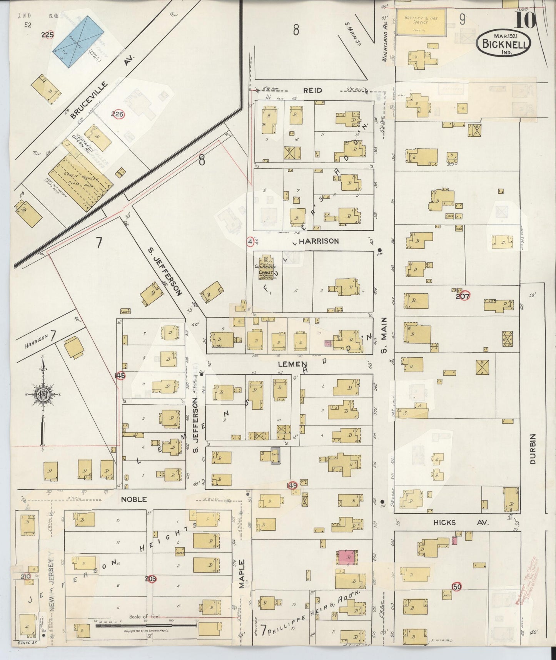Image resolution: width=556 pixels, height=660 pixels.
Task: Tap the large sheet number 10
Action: [x=524, y=21]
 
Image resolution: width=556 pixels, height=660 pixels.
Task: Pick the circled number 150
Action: [x=457, y=586]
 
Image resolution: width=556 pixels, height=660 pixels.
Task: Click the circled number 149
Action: [x=292, y=486]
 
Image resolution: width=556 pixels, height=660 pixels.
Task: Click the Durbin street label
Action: [x=533, y=448]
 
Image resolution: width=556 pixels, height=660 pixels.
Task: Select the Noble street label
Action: [x=134, y=499]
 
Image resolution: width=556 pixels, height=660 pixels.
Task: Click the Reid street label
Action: [x=312, y=90]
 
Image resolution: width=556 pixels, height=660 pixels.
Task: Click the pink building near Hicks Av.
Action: [x=347, y=557]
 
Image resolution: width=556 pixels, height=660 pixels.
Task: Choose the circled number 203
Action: [x=151, y=579]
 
